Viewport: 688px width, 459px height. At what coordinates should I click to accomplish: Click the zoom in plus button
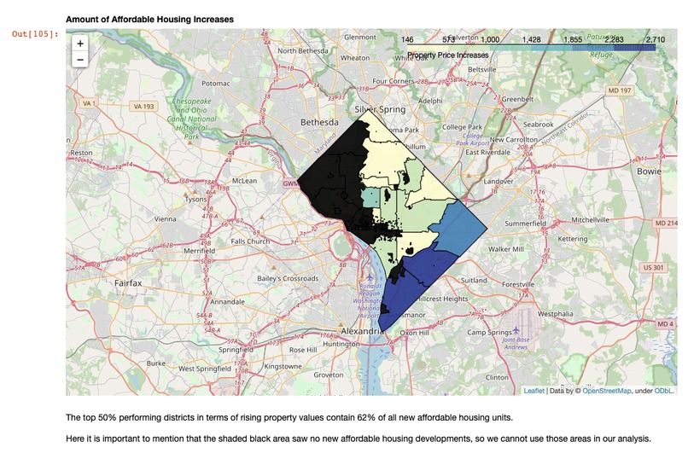click(80, 44)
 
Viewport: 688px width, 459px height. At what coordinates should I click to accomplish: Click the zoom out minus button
click(80, 60)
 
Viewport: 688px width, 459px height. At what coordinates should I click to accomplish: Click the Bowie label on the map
click(648, 171)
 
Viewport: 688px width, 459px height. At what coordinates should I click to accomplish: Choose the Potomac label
click(216, 84)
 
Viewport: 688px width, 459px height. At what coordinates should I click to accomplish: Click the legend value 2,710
click(655, 40)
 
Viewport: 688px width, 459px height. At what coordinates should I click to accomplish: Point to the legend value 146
click(407, 40)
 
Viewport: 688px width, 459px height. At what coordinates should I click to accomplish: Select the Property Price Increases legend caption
click(448, 55)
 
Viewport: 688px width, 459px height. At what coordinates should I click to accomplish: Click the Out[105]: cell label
click(35, 34)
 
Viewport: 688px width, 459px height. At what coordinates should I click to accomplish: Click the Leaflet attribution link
click(533, 391)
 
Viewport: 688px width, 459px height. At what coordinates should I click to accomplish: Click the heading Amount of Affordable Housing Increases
click(149, 19)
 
